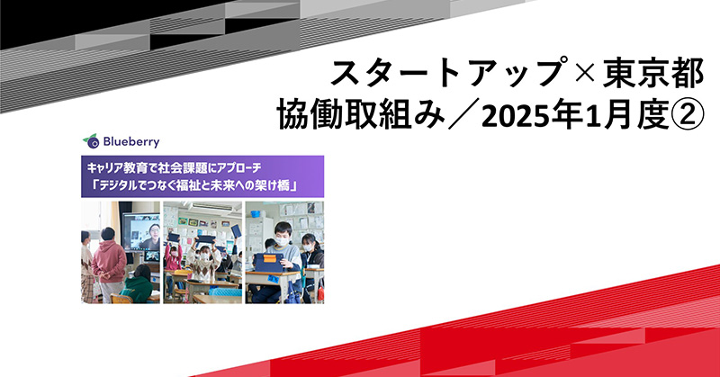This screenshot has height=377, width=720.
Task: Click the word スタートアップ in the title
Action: (x=446, y=74)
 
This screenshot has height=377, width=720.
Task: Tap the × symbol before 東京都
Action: (x=581, y=75)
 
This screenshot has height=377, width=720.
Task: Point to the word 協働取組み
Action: (x=361, y=114)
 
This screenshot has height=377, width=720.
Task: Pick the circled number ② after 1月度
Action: (x=688, y=115)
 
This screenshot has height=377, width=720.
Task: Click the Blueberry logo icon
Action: (x=92, y=141)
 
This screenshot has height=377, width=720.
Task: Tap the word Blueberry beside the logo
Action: (x=131, y=141)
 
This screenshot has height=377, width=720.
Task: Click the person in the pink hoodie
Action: (x=109, y=264)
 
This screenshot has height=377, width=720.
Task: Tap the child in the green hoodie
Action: (x=137, y=284)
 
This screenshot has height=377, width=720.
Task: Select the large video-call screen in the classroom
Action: (x=142, y=234)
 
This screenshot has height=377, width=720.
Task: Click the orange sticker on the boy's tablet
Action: (x=270, y=258)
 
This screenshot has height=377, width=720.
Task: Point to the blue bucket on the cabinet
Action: (x=256, y=213)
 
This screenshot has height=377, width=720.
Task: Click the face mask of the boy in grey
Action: (x=282, y=240)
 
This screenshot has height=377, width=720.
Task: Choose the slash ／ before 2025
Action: (x=463, y=115)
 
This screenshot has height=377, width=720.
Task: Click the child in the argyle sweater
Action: (x=203, y=264)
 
